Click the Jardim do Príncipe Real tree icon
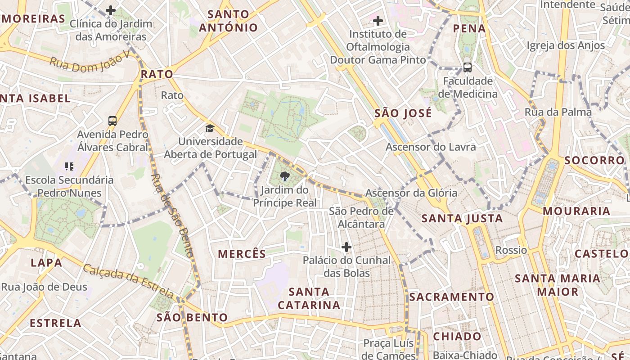pyautogui.click(x=284, y=176)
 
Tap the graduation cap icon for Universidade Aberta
pyautogui.click(x=210, y=129)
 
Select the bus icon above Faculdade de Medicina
pyautogui.click(x=468, y=67)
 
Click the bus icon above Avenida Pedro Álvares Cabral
pyautogui.click(x=112, y=121)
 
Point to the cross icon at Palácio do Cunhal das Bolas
pyautogui.click(x=346, y=247)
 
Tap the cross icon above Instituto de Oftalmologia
pyautogui.click(x=378, y=21)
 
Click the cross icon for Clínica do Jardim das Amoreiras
pyautogui.click(x=111, y=10)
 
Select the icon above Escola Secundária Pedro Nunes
pyautogui.click(x=69, y=166)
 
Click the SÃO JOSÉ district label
pyautogui.click(x=403, y=113)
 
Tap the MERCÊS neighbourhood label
pyautogui.click(x=242, y=254)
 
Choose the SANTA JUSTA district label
pyautogui.click(x=462, y=219)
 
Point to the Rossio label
pyautogui.click(x=511, y=250)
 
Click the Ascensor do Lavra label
pyautogui.click(x=430, y=147)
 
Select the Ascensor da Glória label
pyautogui.click(x=411, y=193)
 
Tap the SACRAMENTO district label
pyautogui.click(x=451, y=297)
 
